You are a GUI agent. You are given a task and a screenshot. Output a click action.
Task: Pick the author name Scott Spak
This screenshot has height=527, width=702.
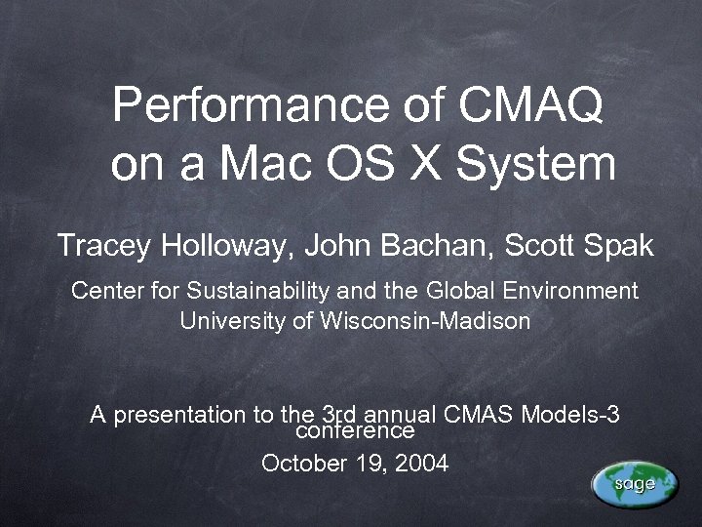point(578,246)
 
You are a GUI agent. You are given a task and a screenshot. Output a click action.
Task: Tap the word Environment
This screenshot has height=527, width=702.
point(569,291)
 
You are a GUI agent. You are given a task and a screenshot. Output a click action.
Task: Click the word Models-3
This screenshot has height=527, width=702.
point(570,414)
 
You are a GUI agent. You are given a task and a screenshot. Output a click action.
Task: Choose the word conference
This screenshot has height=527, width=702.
point(355,430)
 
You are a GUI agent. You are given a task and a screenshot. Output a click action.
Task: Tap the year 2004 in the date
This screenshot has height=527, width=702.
point(421,464)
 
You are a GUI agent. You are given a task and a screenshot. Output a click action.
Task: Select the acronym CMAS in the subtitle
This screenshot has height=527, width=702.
point(479,414)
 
